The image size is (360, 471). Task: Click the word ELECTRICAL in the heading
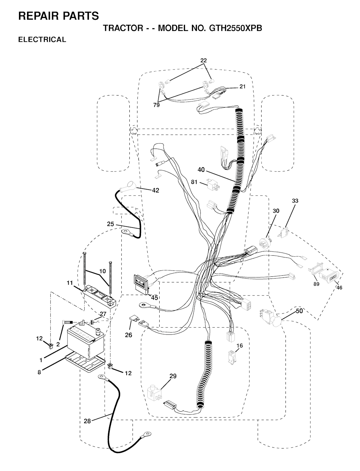(x=42, y=39)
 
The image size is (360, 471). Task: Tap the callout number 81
(x=194, y=182)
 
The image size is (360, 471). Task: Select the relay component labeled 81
(x=213, y=184)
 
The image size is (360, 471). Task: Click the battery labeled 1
(x=86, y=344)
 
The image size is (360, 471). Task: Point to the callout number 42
(x=155, y=190)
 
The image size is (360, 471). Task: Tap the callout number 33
(x=295, y=201)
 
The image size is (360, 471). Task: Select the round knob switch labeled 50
(x=271, y=318)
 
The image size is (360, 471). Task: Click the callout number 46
(x=339, y=288)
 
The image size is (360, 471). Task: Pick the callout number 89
(x=316, y=284)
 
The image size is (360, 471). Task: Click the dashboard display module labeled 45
(x=141, y=283)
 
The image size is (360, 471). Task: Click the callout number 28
(x=87, y=421)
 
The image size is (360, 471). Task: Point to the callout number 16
(x=239, y=346)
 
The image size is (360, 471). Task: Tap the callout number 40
(x=201, y=170)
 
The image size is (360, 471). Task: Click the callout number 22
(x=204, y=60)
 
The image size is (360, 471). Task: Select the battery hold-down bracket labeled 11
(x=99, y=295)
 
